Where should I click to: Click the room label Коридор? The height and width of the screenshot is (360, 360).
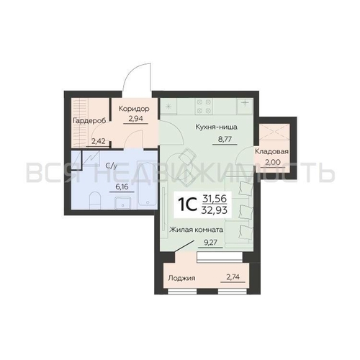(134, 109)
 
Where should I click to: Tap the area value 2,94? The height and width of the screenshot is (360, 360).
(135, 119)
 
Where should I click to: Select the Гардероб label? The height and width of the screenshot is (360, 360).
(89, 121)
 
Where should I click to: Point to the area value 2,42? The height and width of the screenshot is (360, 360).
(99, 141)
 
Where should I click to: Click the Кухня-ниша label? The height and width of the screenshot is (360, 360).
(217, 127)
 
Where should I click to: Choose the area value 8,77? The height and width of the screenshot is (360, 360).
(225, 139)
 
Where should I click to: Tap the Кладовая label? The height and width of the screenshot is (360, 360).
(271, 152)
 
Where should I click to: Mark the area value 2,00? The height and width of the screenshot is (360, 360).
(273, 163)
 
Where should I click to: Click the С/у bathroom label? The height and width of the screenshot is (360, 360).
(112, 166)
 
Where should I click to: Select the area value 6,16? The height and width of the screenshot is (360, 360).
(122, 187)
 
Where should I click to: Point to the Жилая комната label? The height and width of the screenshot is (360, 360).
(197, 230)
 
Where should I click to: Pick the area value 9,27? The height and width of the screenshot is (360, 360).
(210, 243)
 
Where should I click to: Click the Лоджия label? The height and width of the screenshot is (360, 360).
(181, 278)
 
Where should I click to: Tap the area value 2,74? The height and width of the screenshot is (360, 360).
(233, 277)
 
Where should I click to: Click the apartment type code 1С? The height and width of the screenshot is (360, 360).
(187, 204)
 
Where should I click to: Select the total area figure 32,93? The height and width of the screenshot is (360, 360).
(215, 210)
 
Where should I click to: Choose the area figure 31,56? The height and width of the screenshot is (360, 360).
(215, 199)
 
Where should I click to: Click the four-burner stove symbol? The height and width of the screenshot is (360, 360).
(204, 106)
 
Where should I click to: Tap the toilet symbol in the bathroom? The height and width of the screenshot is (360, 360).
(94, 200)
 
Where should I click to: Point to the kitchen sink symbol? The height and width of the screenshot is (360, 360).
(245, 106)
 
